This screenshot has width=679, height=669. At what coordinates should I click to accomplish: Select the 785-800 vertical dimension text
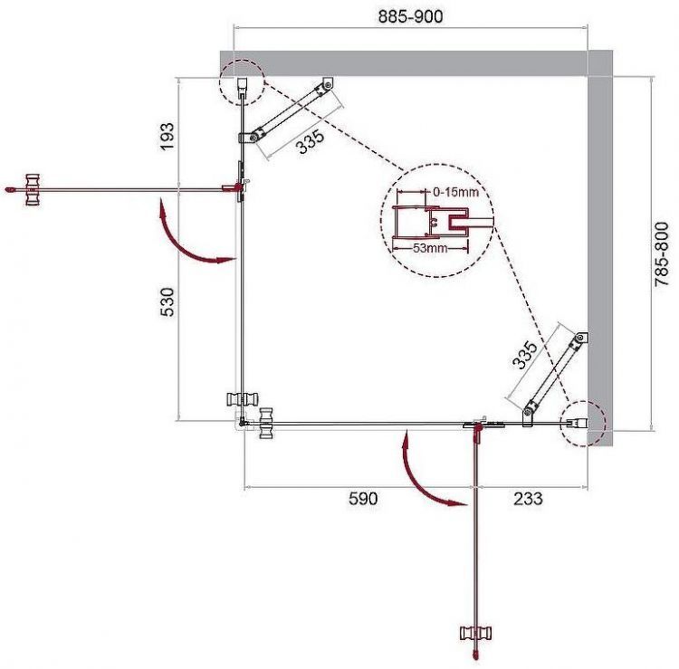[x=665, y=254]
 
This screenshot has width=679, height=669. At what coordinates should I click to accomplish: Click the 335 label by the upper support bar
[x=311, y=143]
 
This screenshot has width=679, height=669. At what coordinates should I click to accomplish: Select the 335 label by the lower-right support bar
[x=525, y=353]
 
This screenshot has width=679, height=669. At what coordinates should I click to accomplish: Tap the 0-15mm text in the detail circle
[x=455, y=191]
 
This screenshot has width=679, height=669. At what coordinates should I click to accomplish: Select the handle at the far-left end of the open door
[x=33, y=188]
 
